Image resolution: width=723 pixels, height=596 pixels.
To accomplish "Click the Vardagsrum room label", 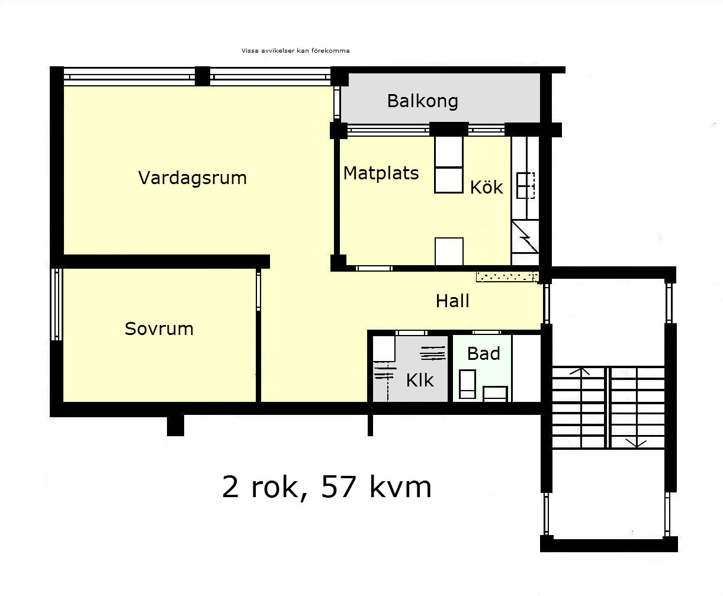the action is pos(192,178).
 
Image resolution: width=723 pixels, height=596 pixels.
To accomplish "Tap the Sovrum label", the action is pos(159,328).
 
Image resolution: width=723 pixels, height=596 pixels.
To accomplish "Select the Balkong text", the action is pos(422,101).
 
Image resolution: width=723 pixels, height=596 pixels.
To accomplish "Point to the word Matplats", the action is pos(381,173).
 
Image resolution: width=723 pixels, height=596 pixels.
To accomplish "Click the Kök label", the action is pos(486,187).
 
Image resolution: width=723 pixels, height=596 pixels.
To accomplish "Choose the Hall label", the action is pos(452,301).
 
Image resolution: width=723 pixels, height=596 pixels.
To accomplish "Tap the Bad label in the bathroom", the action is pos(483,353).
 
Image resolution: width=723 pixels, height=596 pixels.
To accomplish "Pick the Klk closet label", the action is pos(420,381).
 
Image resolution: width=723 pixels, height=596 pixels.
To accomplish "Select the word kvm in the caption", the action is pos(400,487).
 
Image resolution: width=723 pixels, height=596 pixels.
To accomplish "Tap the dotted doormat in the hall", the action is pos(507,277).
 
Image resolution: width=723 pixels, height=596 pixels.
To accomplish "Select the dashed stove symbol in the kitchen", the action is pos(526,185).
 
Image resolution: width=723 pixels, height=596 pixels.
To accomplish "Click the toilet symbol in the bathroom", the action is pos(467,384).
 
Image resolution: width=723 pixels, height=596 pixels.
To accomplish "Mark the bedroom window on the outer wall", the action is pos(56,304).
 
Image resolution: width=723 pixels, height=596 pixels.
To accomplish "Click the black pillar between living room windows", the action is pos(203,76).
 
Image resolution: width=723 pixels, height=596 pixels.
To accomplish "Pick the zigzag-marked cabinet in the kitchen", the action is pos(525,236).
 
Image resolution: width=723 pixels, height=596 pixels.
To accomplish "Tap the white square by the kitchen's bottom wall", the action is pos(449,252).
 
